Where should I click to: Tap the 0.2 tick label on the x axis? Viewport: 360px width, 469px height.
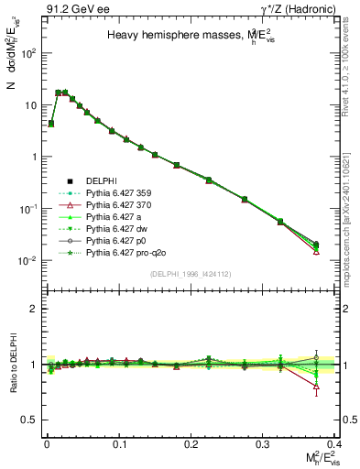[x=191, y=443]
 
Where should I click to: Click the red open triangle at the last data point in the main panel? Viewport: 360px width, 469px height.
[x=316, y=251]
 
